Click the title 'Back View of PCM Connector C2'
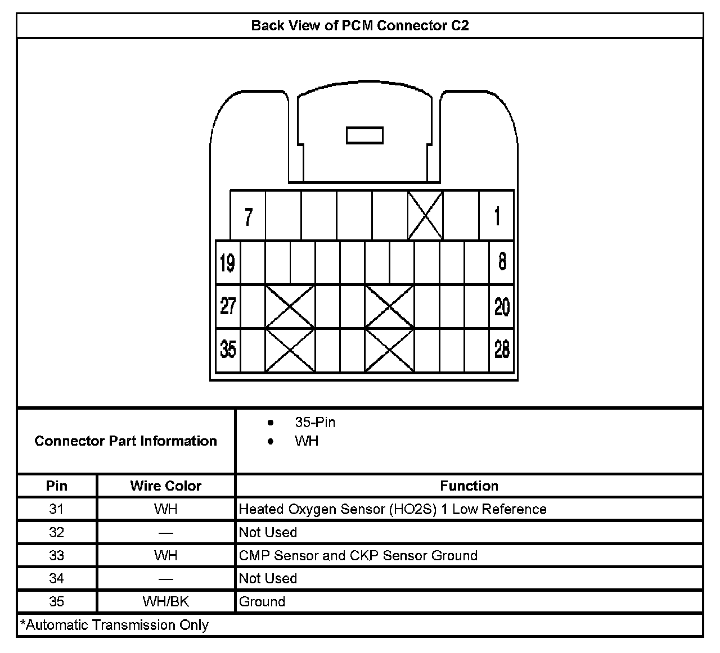click(x=359, y=26)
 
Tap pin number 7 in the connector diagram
click(x=248, y=216)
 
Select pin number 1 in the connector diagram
click(x=497, y=216)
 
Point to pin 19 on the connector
click(x=228, y=263)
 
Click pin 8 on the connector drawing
click(x=502, y=262)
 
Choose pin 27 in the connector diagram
click(x=228, y=306)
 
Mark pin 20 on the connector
click(x=502, y=307)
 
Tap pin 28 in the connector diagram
click(x=502, y=350)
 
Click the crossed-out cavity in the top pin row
click(x=425, y=216)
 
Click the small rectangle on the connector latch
click(x=364, y=135)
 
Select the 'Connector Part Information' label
click(x=125, y=441)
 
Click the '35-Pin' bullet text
click(x=315, y=423)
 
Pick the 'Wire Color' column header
click(x=165, y=486)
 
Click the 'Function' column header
click(x=469, y=486)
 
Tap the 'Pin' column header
click(x=57, y=486)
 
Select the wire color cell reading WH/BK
click(x=165, y=602)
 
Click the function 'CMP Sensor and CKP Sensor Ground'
click(x=358, y=556)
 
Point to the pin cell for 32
click(x=57, y=533)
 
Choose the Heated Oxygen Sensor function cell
click(x=393, y=510)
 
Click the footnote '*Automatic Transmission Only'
click(x=115, y=625)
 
